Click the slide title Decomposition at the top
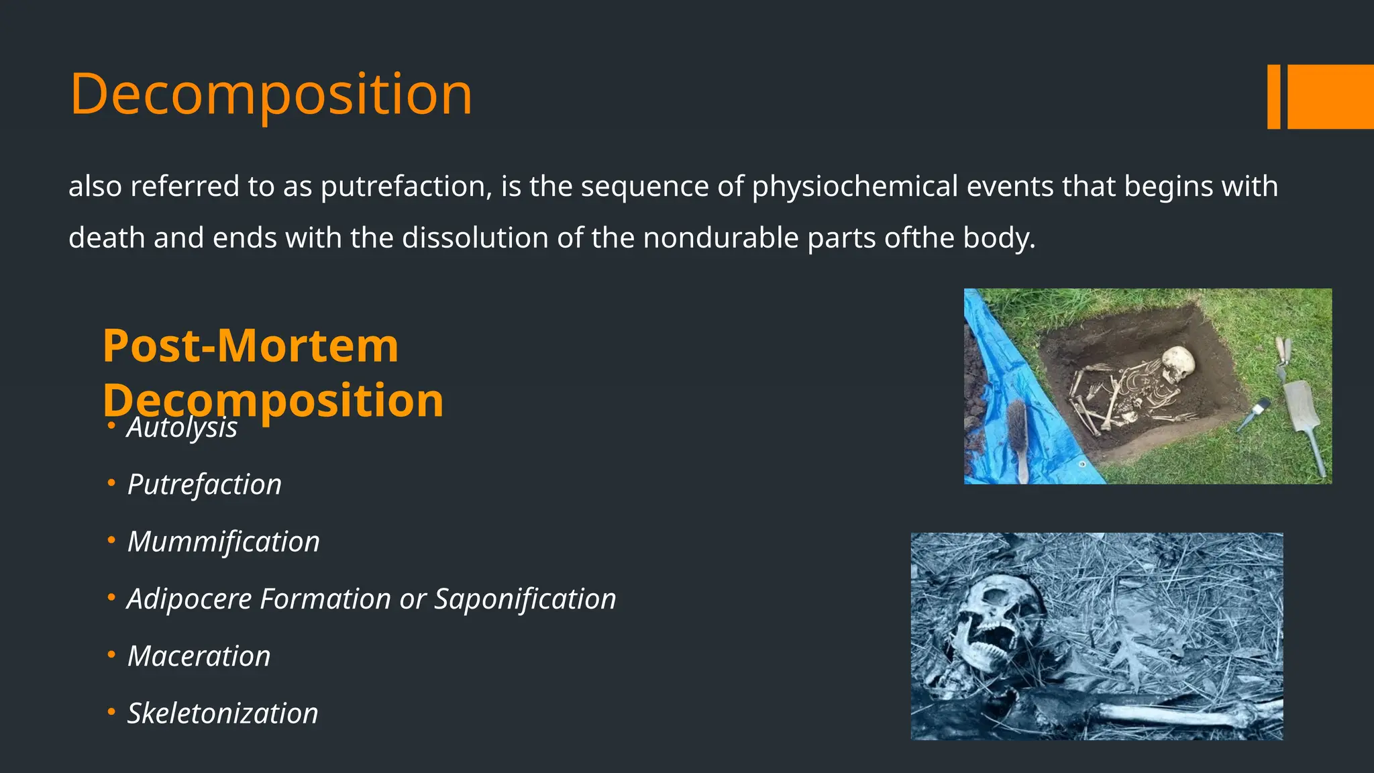(271, 95)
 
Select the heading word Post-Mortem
(250, 346)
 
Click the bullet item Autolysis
(182, 428)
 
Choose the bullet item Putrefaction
(205, 484)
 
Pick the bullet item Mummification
(223, 542)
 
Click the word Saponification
(525, 599)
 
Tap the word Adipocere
(190, 599)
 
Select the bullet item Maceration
(199, 656)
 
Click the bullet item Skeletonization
(223, 713)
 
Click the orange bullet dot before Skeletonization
(111, 711)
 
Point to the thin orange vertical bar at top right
(1273, 97)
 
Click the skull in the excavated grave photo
(1178, 364)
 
